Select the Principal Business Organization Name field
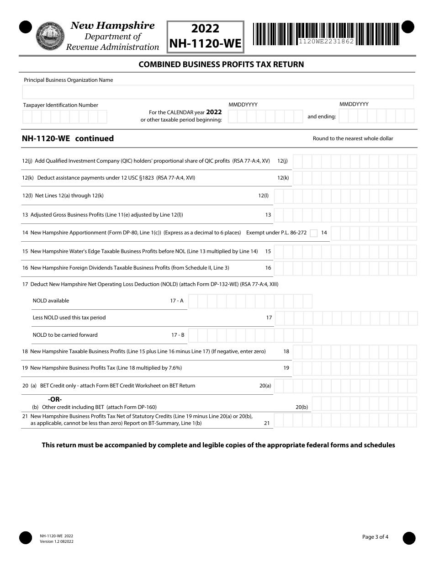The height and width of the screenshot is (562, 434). tap(218, 92)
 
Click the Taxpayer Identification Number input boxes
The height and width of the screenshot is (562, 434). tap(64, 117)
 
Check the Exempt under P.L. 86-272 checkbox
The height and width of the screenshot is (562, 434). tap(313, 233)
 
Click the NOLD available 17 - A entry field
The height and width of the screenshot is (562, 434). tap(250, 301)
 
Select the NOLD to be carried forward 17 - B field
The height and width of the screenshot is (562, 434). tap(250, 335)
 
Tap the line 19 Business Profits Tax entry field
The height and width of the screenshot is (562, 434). tap(355, 368)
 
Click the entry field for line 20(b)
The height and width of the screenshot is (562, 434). tap(364, 404)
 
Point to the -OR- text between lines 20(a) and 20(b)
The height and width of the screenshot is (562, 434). tap(55, 399)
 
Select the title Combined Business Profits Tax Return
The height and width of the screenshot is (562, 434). tap(221, 64)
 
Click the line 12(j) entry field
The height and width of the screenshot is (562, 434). tap(355, 161)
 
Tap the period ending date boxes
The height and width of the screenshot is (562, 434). tap(376, 116)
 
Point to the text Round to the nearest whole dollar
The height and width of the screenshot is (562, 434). tap(353, 138)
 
